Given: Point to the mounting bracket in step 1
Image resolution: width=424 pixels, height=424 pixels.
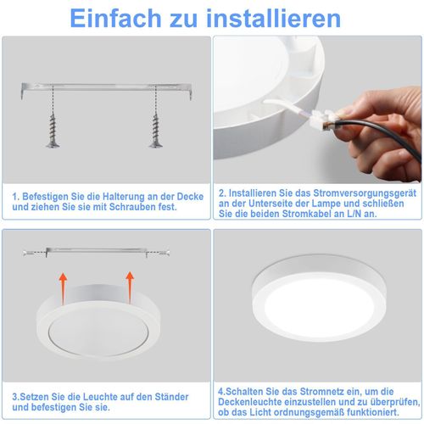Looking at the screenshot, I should pyautogui.click(x=107, y=84).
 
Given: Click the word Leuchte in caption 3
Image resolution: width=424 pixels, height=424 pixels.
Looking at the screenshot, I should pyautogui.click(x=86, y=396).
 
